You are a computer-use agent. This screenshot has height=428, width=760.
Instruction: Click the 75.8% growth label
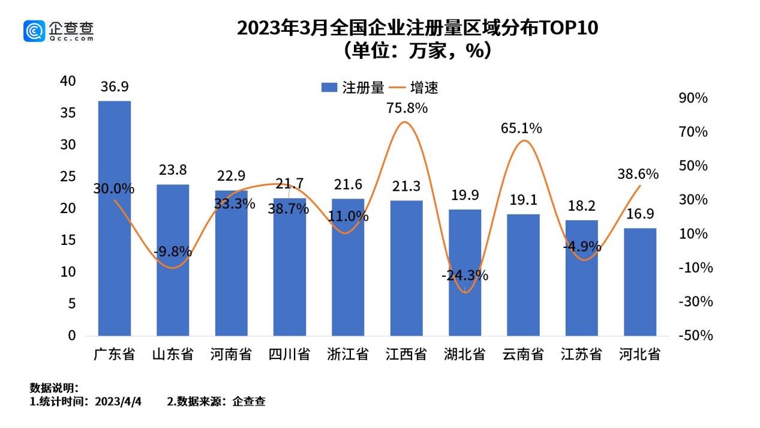coord(407,109)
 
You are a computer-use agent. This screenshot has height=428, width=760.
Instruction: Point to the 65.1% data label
coord(522,128)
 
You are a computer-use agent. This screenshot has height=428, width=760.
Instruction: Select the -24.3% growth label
coord(465,276)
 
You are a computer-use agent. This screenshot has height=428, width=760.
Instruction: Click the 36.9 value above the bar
coord(114,87)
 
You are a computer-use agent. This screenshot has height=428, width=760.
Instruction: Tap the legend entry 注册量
coord(354,88)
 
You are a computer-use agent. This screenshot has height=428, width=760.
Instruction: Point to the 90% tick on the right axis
coord(694,98)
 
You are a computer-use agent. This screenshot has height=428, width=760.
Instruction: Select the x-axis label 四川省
coord(289,355)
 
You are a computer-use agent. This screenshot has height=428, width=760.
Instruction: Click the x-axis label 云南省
coord(523,355)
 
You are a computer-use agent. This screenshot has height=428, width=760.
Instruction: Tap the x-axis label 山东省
coord(172,355)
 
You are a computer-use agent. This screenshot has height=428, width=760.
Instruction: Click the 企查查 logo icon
coord(35,31)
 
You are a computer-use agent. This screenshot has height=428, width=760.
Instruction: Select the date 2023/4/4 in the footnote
coord(123,402)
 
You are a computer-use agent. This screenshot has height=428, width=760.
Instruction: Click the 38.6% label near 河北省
coord(638,174)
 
